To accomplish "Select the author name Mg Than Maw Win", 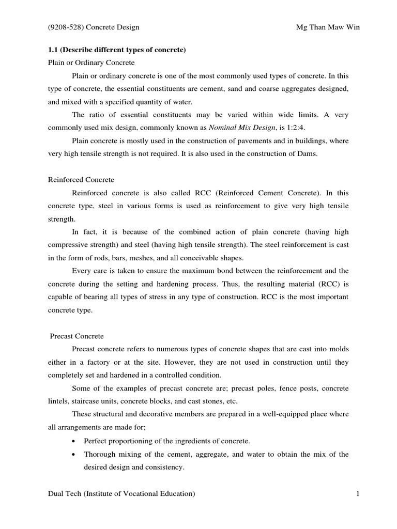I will (x=324, y=27).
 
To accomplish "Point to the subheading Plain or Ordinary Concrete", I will (x=91, y=63).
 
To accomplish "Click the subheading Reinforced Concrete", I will (x=81, y=180).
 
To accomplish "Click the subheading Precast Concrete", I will (x=77, y=336).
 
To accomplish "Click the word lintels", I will (x=58, y=401).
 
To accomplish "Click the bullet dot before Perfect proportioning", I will (x=75, y=441).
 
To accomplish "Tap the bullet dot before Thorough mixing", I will (x=75, y=454).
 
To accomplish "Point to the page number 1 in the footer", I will (x=357, y=494).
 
